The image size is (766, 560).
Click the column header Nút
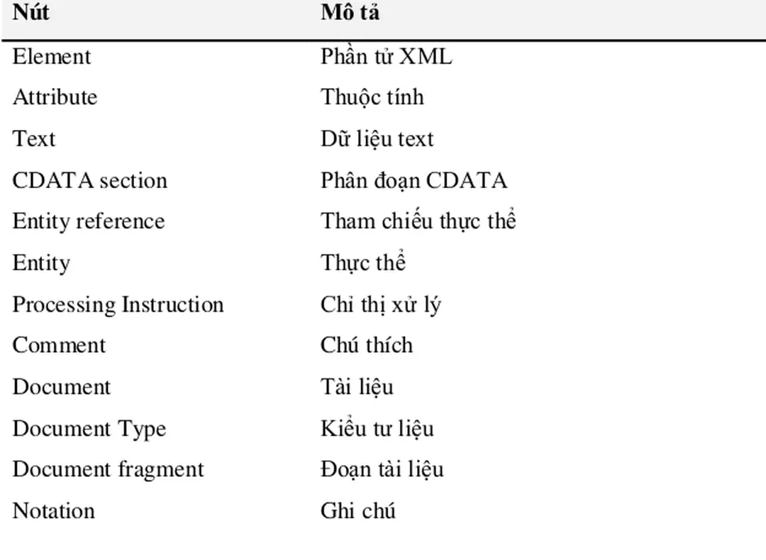click(x=30, y=12)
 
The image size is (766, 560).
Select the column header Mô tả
click(x=350, y=12)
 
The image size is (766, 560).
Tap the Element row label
click(x=51, y=56)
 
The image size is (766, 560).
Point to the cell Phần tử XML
click(x=387, y=56)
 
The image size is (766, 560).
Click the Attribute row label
click(x=55, y=97)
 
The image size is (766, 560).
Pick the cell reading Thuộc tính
click(x=372, y=97)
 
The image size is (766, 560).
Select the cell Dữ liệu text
click(x=377, y=138)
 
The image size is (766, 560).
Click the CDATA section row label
click(x=90, y=180)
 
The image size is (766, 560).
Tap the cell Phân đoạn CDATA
click(x=413, y=180)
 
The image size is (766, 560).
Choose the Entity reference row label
click(x=89, y=221)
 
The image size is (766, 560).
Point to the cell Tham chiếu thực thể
click(x=418, y=221)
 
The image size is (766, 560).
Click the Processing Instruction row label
click(x=118, y=305)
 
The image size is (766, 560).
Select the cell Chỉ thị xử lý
click(x=381, y=304)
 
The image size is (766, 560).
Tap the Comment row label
click(x=59, y=345)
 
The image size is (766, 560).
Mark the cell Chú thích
click(x=367, y=344)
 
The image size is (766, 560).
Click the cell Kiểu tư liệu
click(x=377, y=428)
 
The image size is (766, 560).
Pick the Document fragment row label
click(x=108, y=470)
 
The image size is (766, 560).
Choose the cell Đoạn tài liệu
click(x=382, y=469)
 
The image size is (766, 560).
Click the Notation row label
click(x=54, y=510)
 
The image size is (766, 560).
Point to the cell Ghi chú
click(x=358, y=510)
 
